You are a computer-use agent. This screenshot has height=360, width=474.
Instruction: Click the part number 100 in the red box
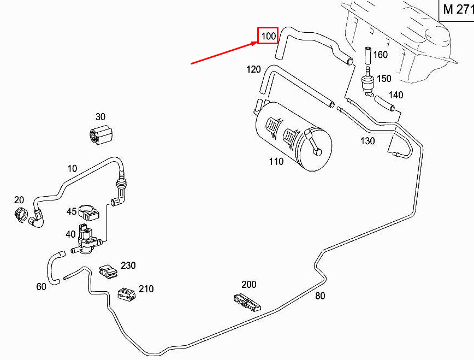click(268, 36)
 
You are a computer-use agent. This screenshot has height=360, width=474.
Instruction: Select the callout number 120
click(253, 69)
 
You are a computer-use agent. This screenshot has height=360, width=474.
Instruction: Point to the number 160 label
click(380, 55)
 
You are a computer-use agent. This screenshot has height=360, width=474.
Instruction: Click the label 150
click(384, 79)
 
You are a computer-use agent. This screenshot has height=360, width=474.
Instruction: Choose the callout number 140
click(395, 95)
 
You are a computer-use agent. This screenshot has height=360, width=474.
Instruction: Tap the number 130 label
click(368, 141)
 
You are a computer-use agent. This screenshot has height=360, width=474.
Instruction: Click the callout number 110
click(276, 162)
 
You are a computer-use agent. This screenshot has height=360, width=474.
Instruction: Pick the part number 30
click(100, 117)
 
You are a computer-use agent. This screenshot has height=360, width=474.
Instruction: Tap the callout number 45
click(72, 211)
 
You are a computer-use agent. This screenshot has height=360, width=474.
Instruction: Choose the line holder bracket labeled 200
click(247, 302)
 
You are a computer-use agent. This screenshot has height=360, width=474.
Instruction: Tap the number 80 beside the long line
click(320, 297)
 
